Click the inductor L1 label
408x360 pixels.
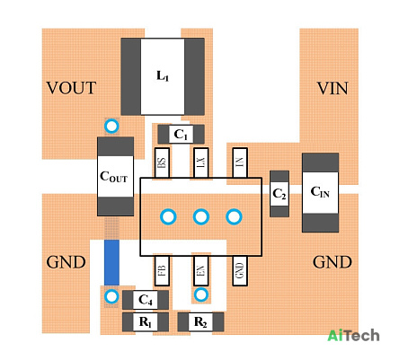163,76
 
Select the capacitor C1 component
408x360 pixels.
181,135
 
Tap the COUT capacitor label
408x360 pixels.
113,177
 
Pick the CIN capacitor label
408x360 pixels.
320,192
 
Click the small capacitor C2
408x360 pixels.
279,194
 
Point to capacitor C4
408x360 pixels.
146,300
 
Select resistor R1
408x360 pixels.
146,322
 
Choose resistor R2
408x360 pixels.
200,322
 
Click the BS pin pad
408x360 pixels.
162,162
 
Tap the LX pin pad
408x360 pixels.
200,162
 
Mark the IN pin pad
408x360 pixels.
240,162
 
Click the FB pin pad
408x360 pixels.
162,270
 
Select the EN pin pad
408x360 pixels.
200,270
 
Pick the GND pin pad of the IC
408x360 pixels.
240,270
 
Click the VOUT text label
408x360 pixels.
71,88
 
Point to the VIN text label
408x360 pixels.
333,88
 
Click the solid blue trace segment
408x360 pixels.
111,262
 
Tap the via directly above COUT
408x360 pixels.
111,126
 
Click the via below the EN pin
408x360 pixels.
201,294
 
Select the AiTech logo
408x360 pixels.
353,336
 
